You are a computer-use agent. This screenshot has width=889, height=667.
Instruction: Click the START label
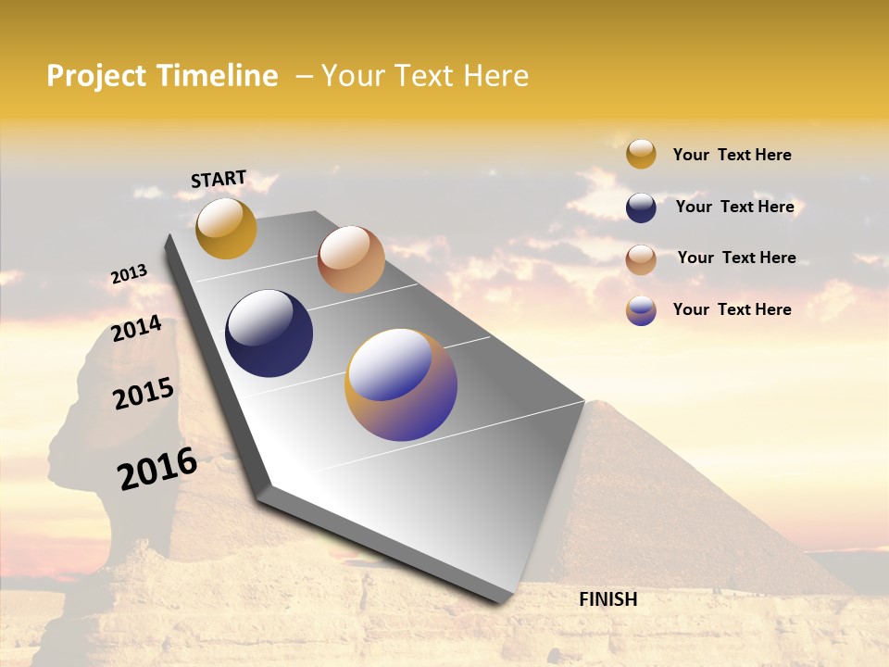pos(219,179)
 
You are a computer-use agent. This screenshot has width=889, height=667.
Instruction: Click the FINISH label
pos(608,599)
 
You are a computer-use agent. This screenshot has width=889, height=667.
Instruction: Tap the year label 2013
pos(129,274)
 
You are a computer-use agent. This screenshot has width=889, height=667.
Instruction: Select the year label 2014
pos(136,329)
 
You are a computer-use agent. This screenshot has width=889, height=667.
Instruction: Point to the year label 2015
pos(144,394)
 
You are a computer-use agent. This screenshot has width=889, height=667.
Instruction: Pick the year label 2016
pos(157,469)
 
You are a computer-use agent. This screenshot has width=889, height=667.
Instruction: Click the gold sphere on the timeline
pos(226,228)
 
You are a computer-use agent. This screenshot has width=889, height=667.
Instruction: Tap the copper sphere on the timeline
pos(351,259)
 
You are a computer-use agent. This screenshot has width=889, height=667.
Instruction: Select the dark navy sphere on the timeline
pos(269,333)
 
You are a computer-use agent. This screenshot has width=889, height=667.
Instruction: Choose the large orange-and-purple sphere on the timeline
pos(401,384)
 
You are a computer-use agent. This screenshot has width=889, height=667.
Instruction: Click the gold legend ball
pos(641,154)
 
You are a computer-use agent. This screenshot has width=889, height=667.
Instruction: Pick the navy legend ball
pos(641,208)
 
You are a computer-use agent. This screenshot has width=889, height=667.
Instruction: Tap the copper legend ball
pos(641,259)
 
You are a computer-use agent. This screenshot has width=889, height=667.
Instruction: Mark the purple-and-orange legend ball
pos(641,310)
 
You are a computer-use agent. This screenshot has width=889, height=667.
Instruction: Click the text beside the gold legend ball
pos(732,155)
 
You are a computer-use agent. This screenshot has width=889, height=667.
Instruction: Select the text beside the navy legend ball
pos(734,207)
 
